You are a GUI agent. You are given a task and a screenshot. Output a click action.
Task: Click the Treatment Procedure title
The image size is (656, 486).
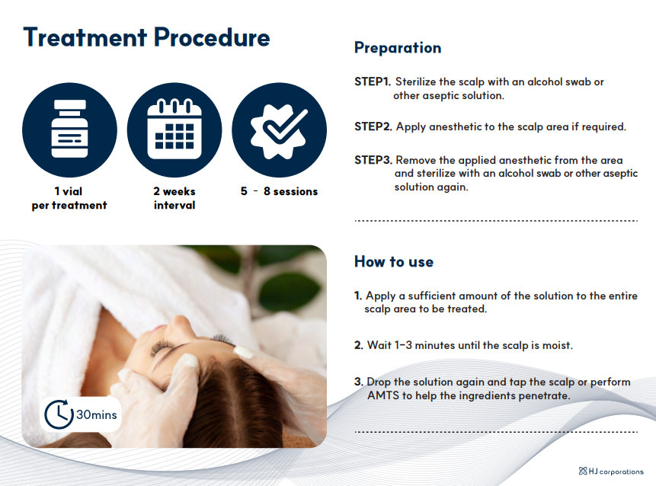point(146,37)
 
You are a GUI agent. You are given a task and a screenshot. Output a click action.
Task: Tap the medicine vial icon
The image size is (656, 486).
point(69,129)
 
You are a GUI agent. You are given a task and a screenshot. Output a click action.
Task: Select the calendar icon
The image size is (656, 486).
point(174,129)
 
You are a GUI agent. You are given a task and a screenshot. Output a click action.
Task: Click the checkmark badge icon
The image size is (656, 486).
point(279,130)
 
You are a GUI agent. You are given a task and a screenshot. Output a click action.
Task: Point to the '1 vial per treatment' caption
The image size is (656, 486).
point(69,198)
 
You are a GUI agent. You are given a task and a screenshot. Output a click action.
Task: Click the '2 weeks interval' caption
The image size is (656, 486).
point(174,198)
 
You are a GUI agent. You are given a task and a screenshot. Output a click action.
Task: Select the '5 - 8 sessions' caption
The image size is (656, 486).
point(279,191)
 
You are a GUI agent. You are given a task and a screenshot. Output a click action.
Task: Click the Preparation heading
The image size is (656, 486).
point(398,48)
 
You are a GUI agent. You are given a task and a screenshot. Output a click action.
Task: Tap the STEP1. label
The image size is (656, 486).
point(373,82)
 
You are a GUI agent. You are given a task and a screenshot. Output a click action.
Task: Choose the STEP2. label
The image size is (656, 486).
point(373,126)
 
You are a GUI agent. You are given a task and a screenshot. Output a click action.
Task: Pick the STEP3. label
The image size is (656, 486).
point(373,160)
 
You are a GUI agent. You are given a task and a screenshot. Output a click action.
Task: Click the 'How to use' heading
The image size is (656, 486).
point(394,262)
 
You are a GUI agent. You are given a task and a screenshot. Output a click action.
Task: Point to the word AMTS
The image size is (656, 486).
point(383,395)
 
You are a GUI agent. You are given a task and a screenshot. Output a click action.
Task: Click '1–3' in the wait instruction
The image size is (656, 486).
point(403,346)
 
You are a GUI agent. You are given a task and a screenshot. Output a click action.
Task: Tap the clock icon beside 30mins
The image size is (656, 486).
point(59,414)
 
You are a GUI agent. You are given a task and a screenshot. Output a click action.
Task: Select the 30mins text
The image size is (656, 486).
point(97,415)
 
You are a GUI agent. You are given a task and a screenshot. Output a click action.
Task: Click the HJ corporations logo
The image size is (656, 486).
point(611,472)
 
